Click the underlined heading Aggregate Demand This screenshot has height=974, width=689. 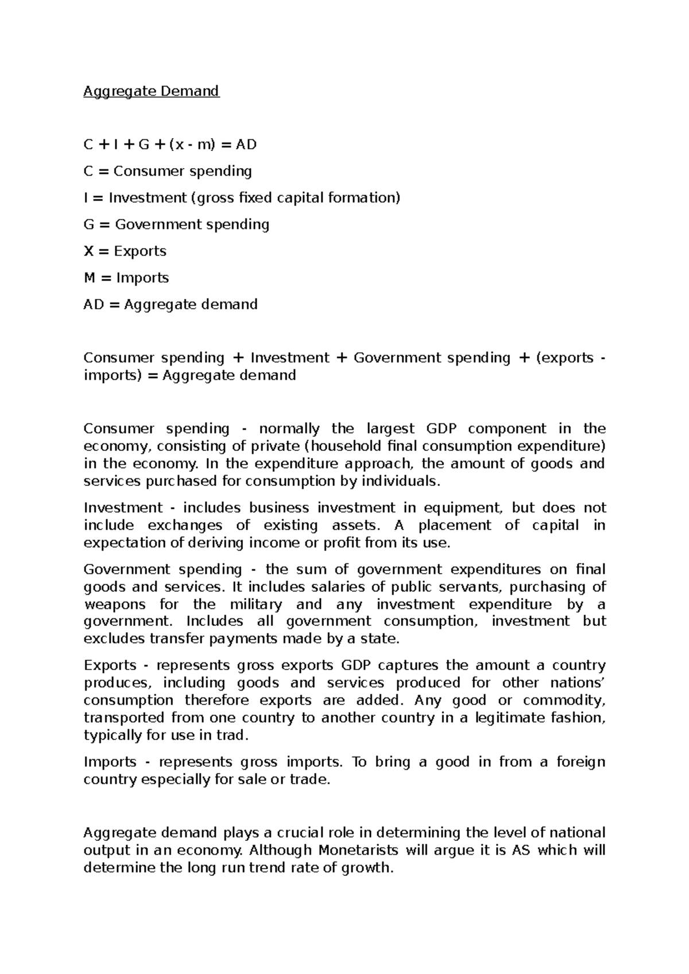pyautogui.click(x=151, y=91)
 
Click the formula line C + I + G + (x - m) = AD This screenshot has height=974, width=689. pyautogui.click(x=170, y=145)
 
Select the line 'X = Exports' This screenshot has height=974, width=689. pyautogui.click(x=125, y=251)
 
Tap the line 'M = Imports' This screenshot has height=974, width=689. pyautogui.click(x=126, y=278)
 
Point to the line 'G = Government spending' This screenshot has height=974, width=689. pyautogui.click(x=176, y=224)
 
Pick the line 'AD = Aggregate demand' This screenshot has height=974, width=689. pyautogui.click(x=170, y=304)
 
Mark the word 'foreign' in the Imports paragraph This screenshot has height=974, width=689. pyautogui.click(x=580, y=762)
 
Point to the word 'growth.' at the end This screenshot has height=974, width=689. pyautogui.click(x=367, y=868)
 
